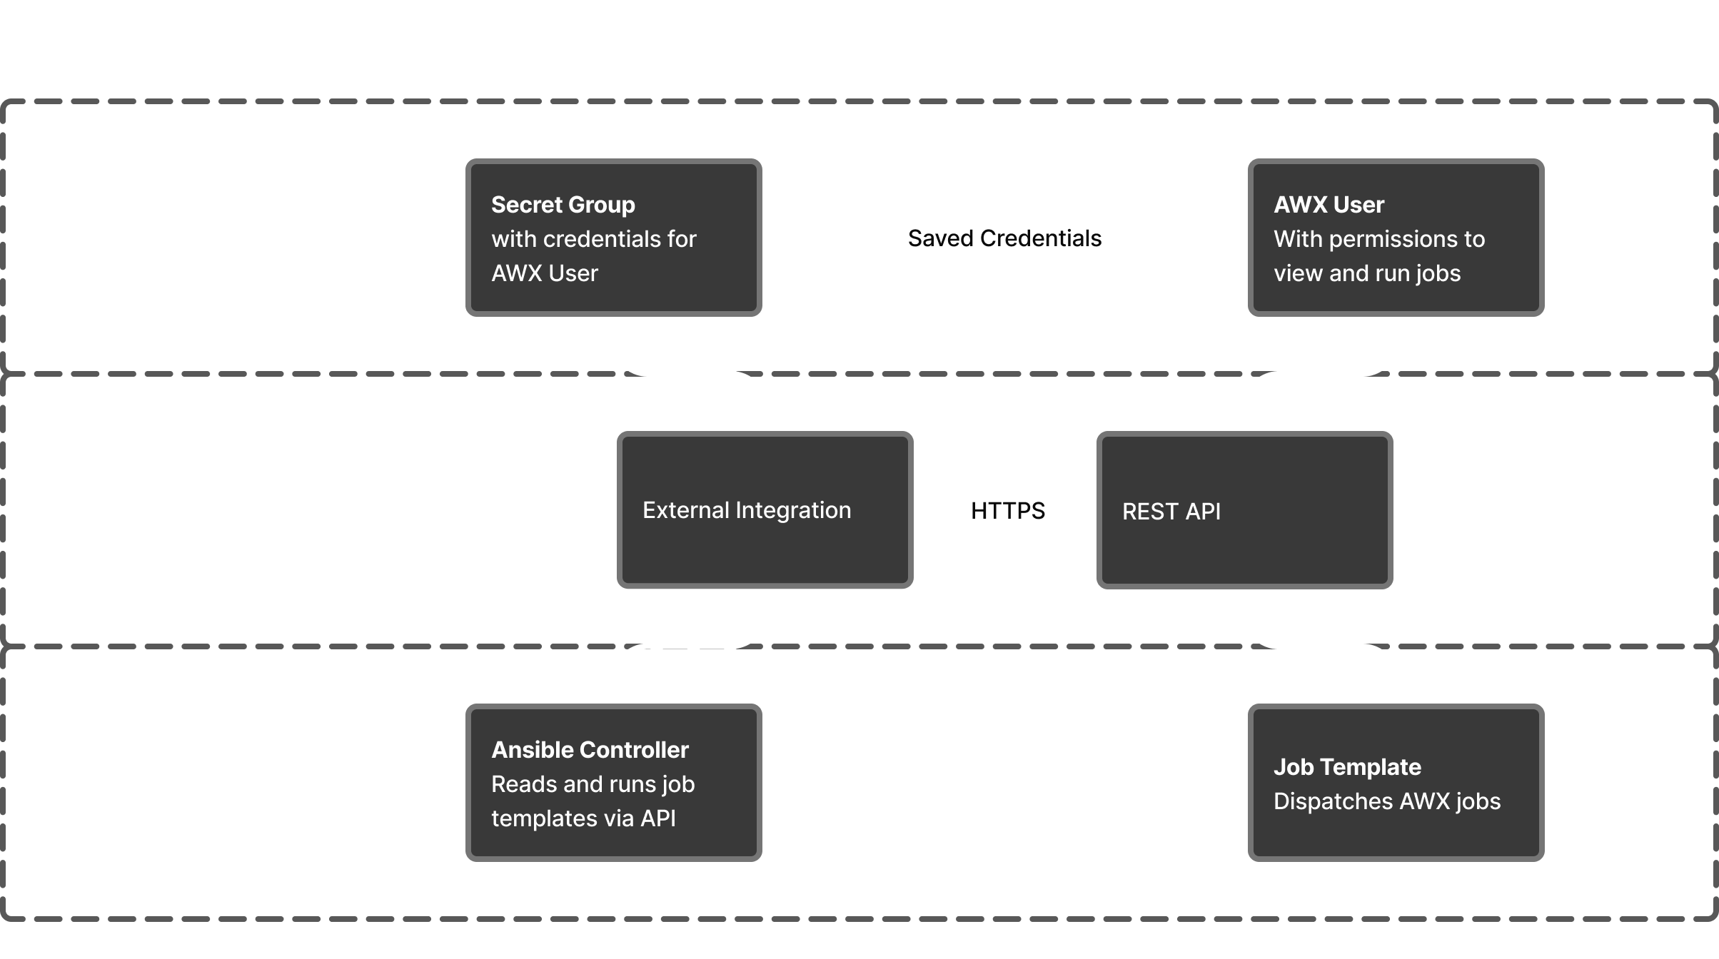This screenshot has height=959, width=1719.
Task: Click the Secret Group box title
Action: click(x=563, y=205)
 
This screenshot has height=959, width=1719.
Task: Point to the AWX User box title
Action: click(x=1329, y=205)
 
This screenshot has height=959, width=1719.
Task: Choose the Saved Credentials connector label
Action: click(x=1004, y=238)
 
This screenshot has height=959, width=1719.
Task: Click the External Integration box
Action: click(x=765, y=510)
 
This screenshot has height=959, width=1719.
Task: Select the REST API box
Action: click(x=1244, y=510)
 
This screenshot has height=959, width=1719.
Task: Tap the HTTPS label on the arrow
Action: click(x=1007, y=511)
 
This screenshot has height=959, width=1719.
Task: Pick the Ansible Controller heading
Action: click(x=590, y=750)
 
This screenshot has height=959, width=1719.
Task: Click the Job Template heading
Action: click(x=1347, y=767)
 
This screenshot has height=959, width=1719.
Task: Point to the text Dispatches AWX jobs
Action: click(x=1386, y=801)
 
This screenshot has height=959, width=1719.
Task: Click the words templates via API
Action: click(x=583, y=818)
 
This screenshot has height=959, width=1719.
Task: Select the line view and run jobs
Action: click(x=1366, y=273)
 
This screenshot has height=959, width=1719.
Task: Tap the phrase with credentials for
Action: click(x=593, y=239)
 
